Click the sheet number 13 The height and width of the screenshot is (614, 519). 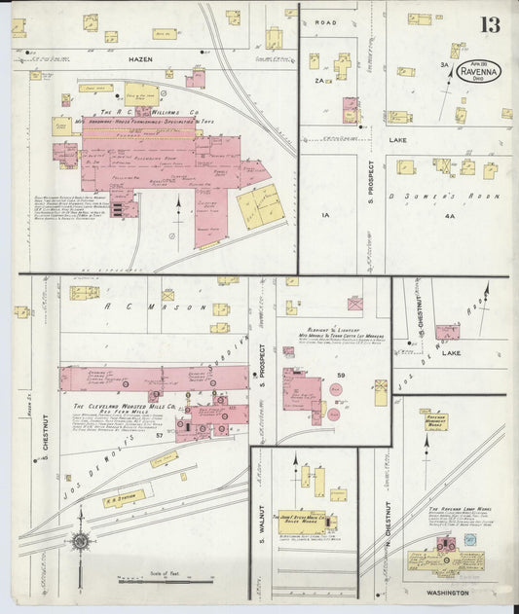click(x=492, y=24)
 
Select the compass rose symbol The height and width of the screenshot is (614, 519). click(x=79, y=541)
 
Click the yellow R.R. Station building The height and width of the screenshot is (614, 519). click(x=124, y=497)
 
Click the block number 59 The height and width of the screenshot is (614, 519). click(x=342, y=375)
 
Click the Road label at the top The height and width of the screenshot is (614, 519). click(x=325, y=21)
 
